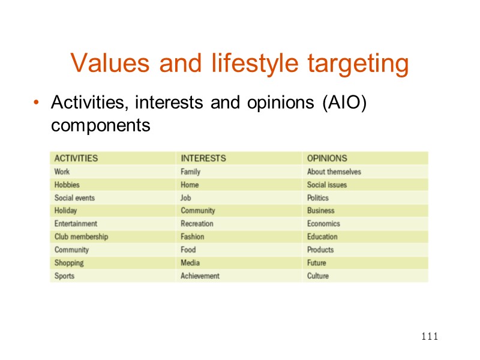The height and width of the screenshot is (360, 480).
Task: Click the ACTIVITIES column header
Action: (x=76, y=158)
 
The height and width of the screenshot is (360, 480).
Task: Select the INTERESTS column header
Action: (x=203, y=158)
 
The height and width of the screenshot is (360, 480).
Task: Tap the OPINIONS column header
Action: (x=327, y=158)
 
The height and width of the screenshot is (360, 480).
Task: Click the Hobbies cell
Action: (x=67, y=185)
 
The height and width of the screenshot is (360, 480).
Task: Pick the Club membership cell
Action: (x=81, y=237)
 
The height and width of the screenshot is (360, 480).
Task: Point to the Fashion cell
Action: (x=192, y=237)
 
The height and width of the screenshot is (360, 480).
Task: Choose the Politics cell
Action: (x=318, y=198)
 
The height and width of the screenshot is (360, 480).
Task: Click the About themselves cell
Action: (x=334, y=172)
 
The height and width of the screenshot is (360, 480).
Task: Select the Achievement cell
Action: (x=200, y=276)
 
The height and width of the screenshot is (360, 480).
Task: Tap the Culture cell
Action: (x=318, y=276)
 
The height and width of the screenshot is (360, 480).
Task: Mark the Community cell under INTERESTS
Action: (x=197, y=211)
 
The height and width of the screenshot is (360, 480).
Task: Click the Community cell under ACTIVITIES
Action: (x=71, y=250)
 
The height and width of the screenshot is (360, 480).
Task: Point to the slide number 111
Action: (x=429, y=337)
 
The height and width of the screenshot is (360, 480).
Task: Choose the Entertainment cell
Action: (x=76, y=224)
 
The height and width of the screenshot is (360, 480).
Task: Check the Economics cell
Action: (x=323, y=224)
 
